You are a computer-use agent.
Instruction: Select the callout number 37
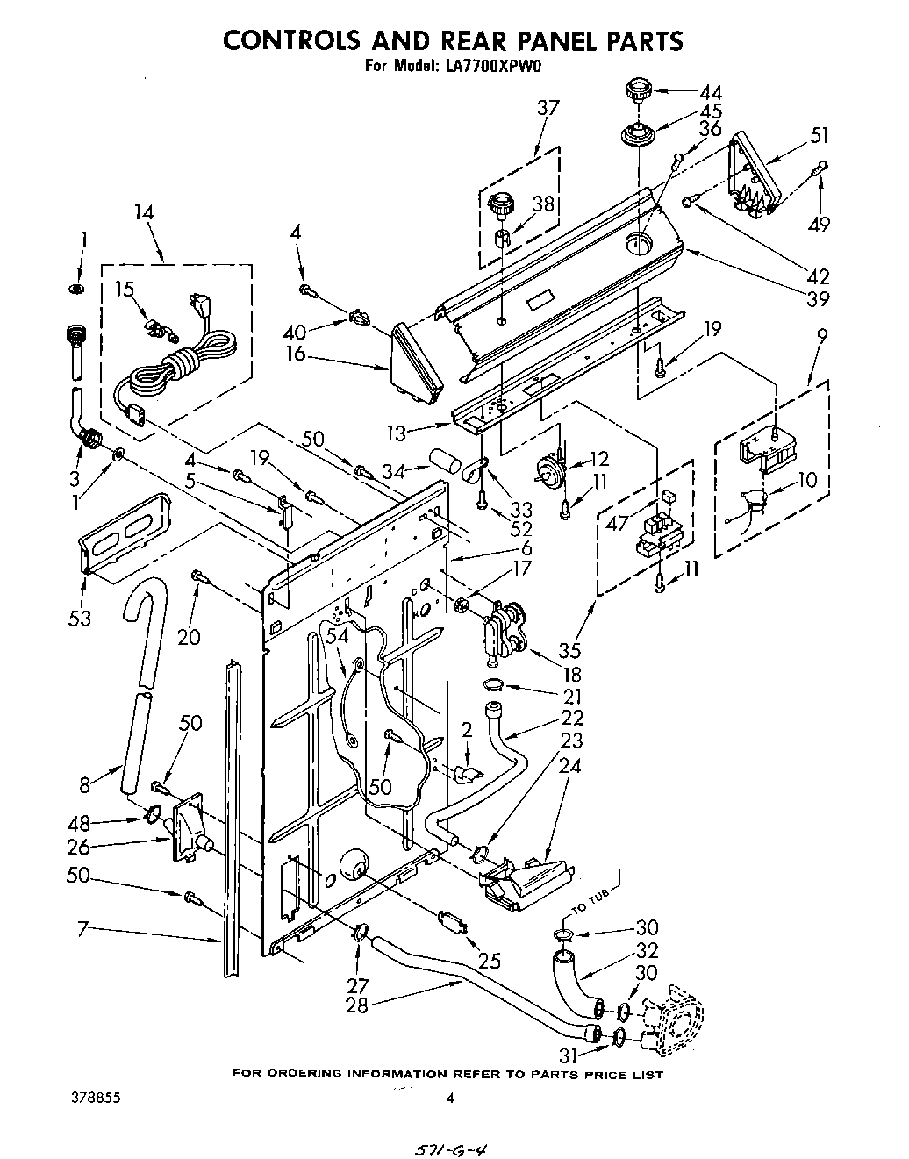pos(548,108)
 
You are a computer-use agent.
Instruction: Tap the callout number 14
pos(143,212)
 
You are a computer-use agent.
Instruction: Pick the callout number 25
pos(489,961)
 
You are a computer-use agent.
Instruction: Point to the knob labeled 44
pos(638,90)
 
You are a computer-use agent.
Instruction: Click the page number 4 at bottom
pos(450,1097)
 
